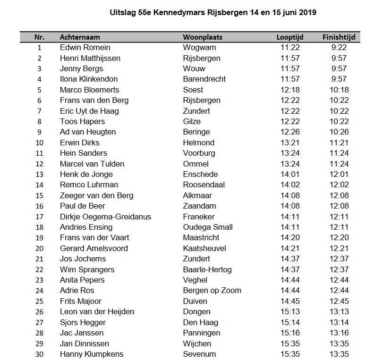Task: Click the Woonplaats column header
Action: pyautogui.click(x=203, y=37)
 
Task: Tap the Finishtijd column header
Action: pyautogui.click(x=339, y=37)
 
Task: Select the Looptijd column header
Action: pyautogui.click(x=289, y=37)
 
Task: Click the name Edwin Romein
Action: pyautogui.click(x=85, y=48)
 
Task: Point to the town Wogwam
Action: pyautogui.click(x=199, y=48)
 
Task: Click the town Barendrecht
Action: pyautogui.click(x=204, y=79)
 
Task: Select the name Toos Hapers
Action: pyautogui.click(x=82, y=121)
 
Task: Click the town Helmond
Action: pyautogui.click(x=198, y=142)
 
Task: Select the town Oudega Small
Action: pyautogui.click(x=208, y=227)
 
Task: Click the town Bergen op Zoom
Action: pyautogui.click(x=212, y=291)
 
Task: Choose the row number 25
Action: pyautogui.click(x=39, y=301)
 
